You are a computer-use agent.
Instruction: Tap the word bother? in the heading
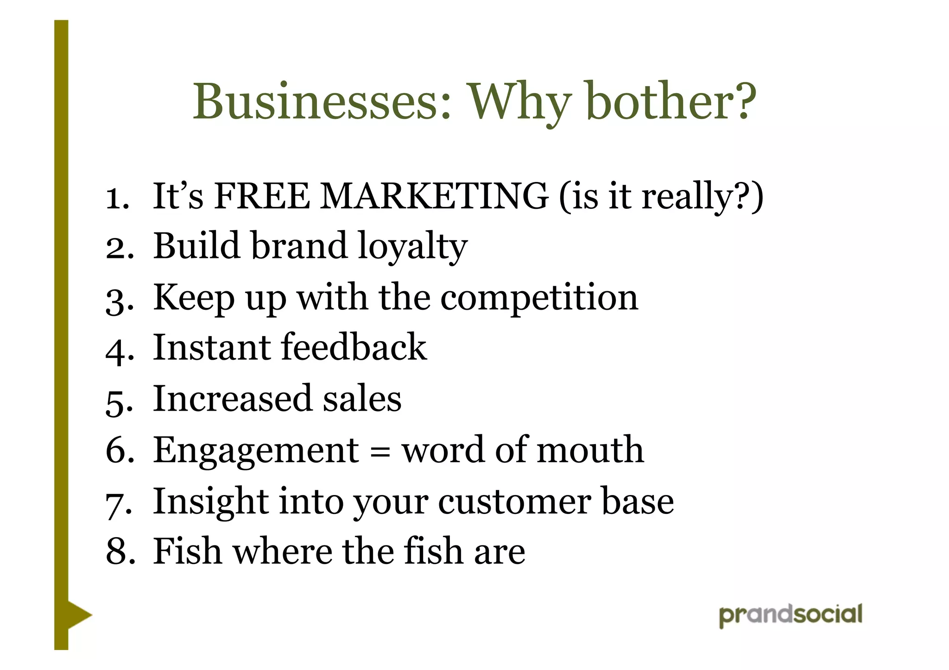coord(671,102)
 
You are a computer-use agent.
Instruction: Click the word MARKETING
coord(434,196)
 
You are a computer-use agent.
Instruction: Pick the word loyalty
coord(412,247)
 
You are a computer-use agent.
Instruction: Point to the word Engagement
coord(256,451)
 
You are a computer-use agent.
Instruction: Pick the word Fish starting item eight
coord(187,552)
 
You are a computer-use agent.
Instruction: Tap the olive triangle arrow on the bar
coord(79,615)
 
